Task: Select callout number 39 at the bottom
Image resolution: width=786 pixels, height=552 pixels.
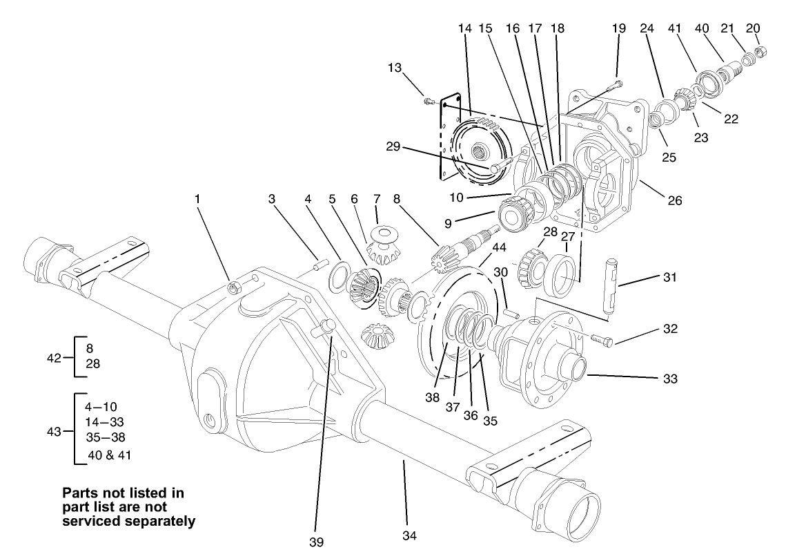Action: tap(317, 540)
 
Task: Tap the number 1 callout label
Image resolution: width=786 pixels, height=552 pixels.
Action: tap(197, 199)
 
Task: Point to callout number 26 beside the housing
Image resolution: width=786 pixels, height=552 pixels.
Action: tap(674, 201)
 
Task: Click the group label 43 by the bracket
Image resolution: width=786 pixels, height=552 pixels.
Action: tap(55, 431)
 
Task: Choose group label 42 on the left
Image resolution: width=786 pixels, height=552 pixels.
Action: tap(55, 357)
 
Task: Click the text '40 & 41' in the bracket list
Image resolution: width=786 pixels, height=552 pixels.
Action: tap(110, 455)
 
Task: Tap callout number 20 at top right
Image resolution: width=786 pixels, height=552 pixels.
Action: tap(753, 28)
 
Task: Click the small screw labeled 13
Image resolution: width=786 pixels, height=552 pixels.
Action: tap(430, 102)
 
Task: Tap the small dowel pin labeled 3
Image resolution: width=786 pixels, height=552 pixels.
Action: tap(320, 263)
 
